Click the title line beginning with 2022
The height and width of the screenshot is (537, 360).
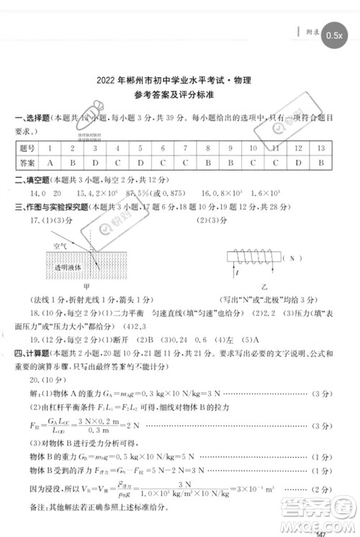179,83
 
